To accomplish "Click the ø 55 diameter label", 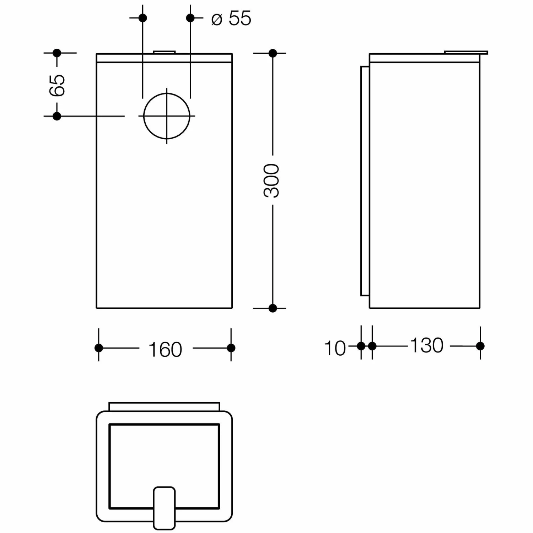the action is (231, 18).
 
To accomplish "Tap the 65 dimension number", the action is (57, 85).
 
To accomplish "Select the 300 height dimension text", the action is (272, 181).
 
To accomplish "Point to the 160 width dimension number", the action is (165, 350).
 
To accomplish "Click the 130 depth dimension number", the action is (426, 345).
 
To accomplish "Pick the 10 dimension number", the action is (335, 348).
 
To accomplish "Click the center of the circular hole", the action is (167, 116).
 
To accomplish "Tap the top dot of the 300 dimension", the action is (273, 53).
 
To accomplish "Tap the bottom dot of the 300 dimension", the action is (273, 308).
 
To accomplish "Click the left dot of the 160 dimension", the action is (99, 348).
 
